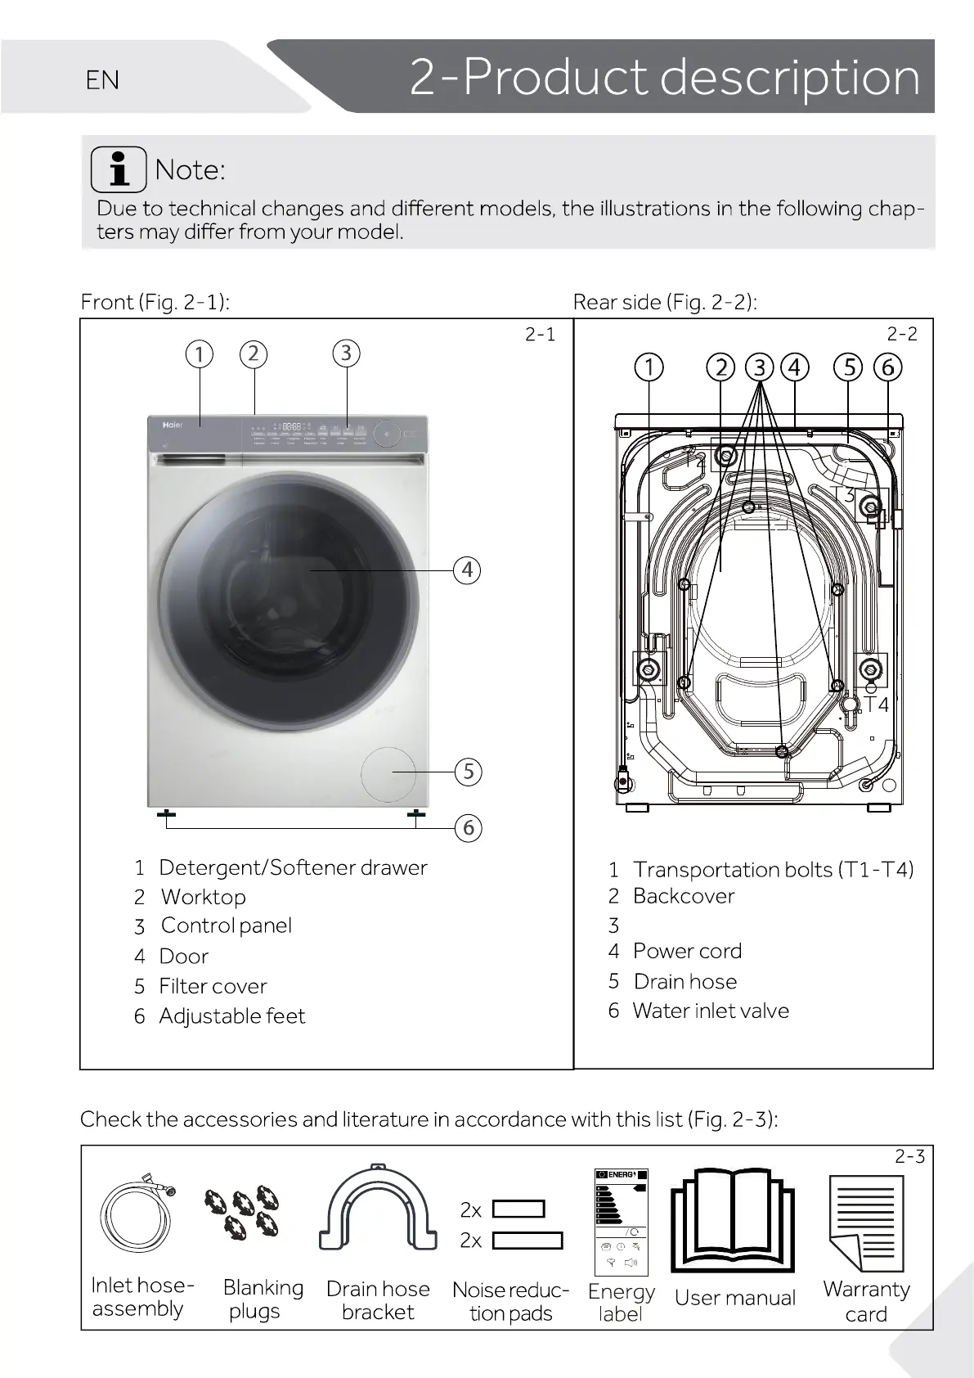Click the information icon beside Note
coord(119,169)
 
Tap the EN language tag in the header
coord(102,80)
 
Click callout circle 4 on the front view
coord(467,570)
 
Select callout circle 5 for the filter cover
coord(468,772)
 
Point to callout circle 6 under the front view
coord(468,828)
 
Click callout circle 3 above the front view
coord(346,353)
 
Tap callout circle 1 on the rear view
coord(649,367)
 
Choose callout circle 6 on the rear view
coord(887,367)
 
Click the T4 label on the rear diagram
coord(876,704)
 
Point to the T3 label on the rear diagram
coord(842,494)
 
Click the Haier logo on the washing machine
coord(172,426)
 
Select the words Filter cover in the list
coord(213,986)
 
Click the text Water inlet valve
coord(711,1011)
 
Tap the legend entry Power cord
coord(687,951)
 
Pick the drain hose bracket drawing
coord(377,1209)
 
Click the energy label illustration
coord(621,1223)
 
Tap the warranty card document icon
coord(867,1223)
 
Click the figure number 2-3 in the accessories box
coord(909,1156)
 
